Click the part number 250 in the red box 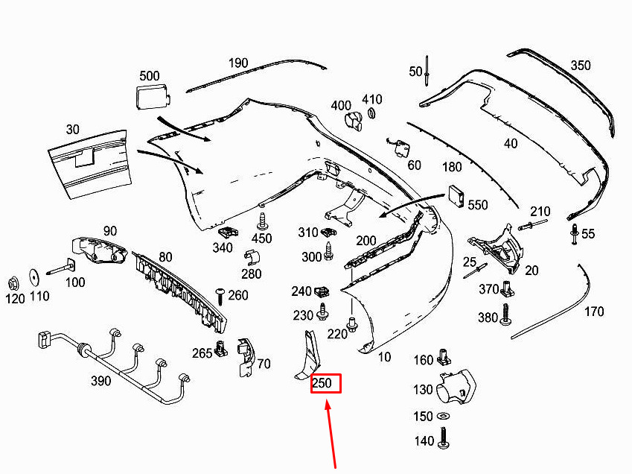click(322, 383)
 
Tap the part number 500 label click(150, 76)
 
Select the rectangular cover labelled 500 click(153, 96)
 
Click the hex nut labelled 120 click(13, 284)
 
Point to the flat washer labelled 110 click(33, 278)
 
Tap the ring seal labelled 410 click(371, 113)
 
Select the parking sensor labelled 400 click(354, 121)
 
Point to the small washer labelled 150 click(444, 416)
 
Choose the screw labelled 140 click(444, 438)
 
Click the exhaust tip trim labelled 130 click(456, 386)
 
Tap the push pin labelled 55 click(574, 234)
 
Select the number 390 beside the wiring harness click(100, 380)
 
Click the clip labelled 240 click(322, 291)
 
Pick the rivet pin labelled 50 click(427, 71)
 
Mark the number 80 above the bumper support click(166, 257)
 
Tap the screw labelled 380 click(505, 315)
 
